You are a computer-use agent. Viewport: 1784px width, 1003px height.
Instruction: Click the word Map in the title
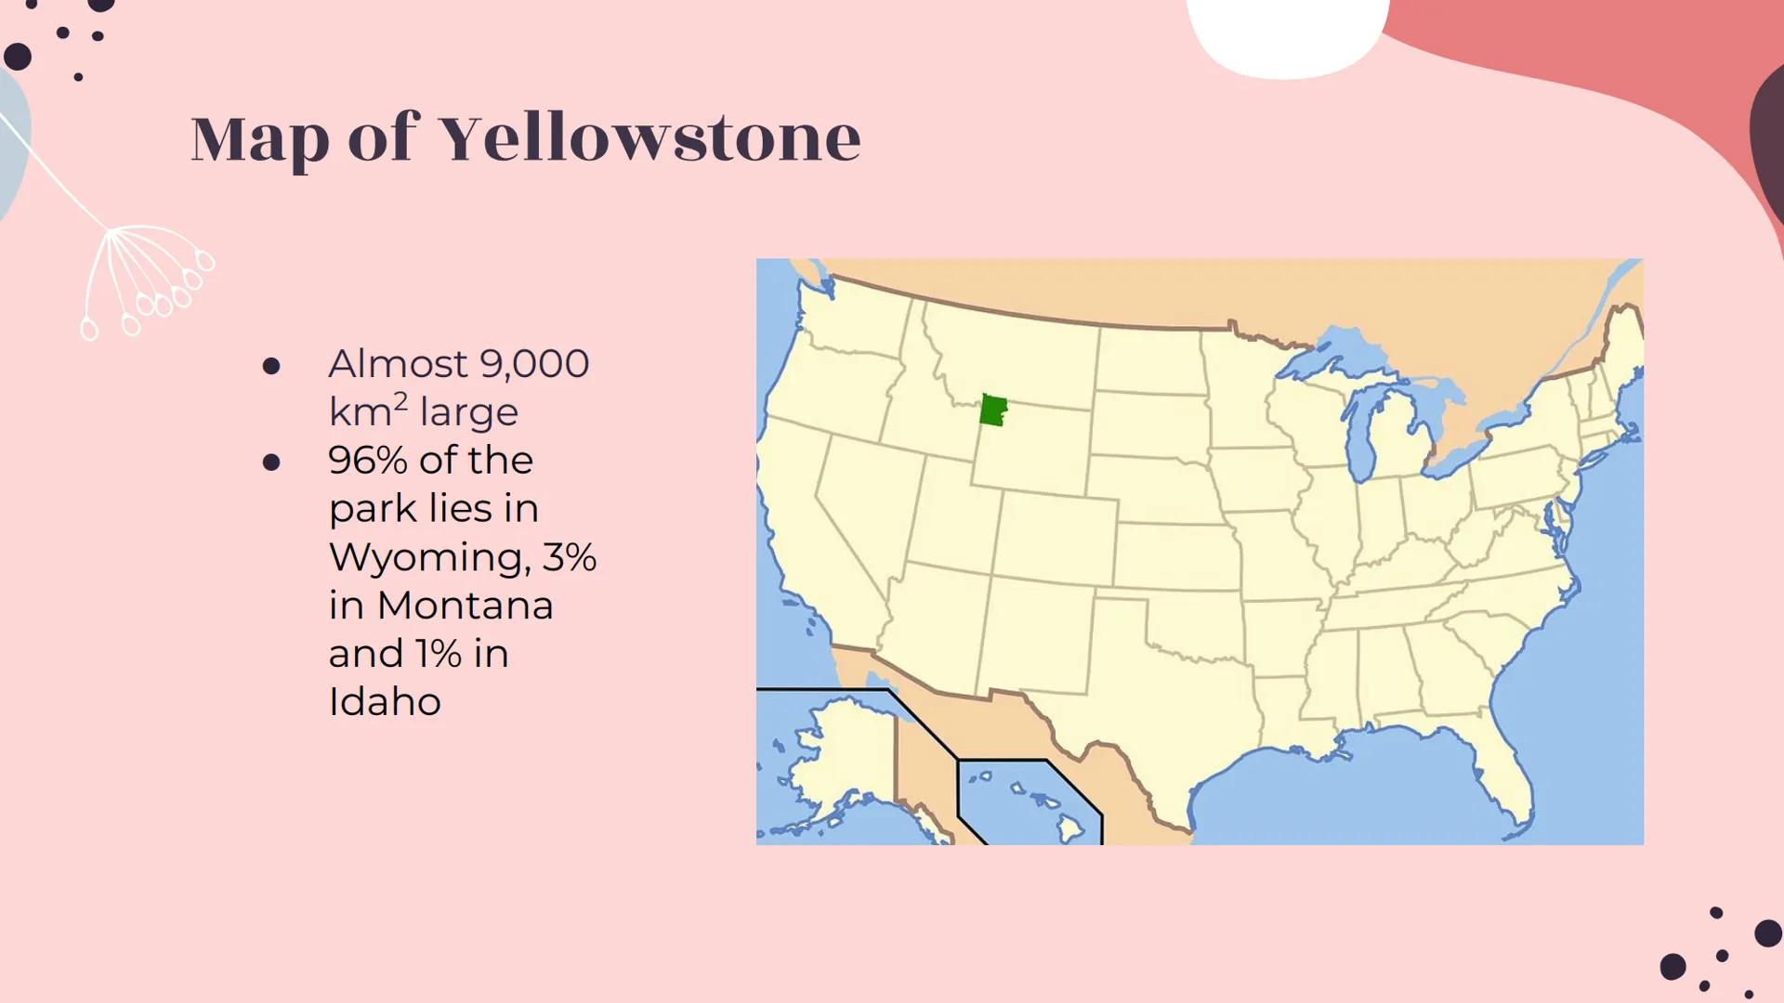tap(260, 139)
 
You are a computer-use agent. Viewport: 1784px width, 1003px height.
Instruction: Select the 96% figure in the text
tap(367, 461)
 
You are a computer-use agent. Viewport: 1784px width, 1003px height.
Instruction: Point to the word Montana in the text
tap(465, 606)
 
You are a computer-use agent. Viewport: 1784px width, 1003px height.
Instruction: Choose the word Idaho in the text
tap(385, 702)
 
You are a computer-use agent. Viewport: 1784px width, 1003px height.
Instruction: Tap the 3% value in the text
tap(569, 557)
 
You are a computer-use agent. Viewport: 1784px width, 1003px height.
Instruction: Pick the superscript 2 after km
tap(400, 401)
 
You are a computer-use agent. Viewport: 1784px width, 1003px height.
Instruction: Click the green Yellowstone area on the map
tap(993, 410)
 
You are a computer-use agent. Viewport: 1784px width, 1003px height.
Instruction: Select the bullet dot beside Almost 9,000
tap(271, 366)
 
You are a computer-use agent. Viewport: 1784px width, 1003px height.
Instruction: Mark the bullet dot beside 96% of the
tap(271, 462)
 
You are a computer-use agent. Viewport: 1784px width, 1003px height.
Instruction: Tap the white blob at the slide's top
tap(1287, 33)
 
